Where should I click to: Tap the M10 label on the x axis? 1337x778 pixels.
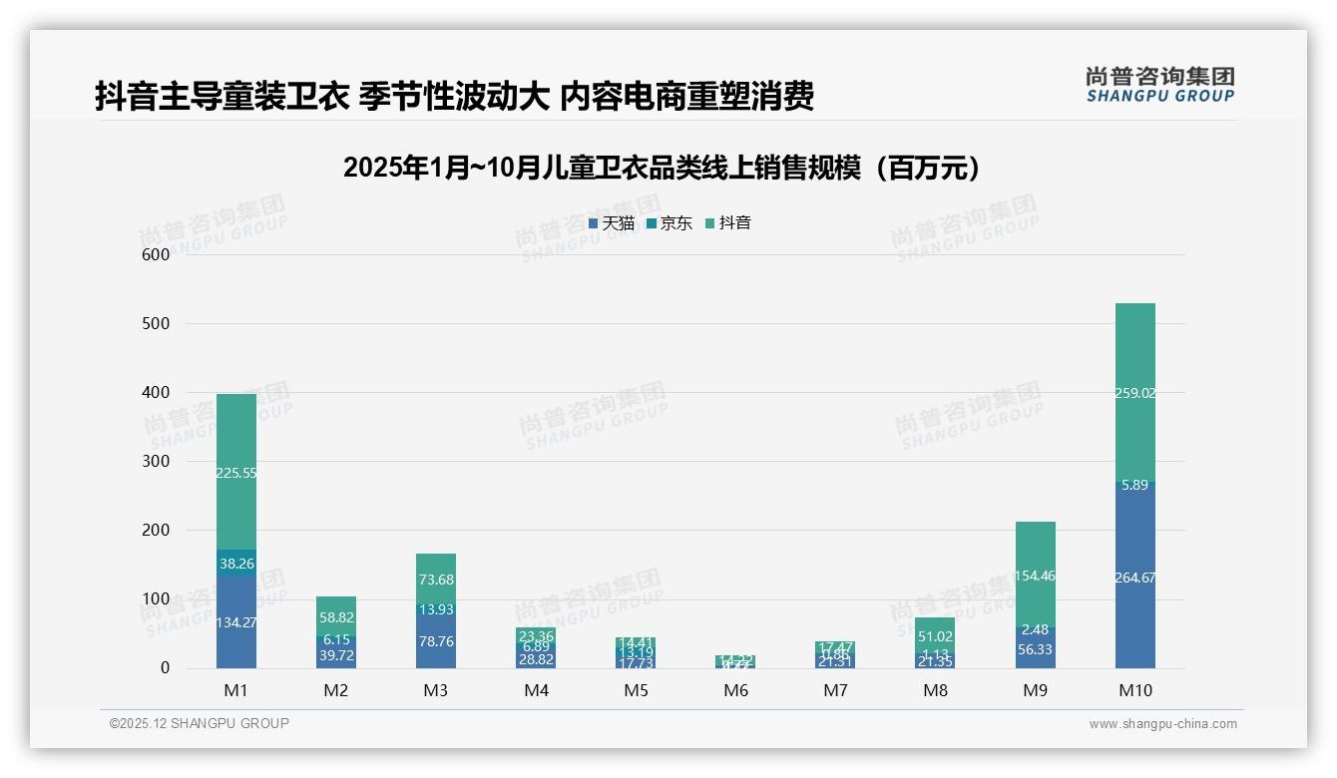1134,690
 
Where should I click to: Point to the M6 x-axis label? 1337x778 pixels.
735,690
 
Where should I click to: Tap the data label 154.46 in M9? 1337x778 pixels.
1035,576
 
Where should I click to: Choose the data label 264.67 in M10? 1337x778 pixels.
1134,578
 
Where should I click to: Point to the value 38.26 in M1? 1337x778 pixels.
236,564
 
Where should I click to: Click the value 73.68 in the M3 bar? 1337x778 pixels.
436,580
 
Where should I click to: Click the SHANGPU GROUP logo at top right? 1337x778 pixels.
1159,85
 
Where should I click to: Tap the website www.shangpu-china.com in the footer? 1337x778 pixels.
1162,724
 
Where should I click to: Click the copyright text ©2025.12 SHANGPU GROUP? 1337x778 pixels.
200,724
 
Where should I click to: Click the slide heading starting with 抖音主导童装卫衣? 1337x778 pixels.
454,96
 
